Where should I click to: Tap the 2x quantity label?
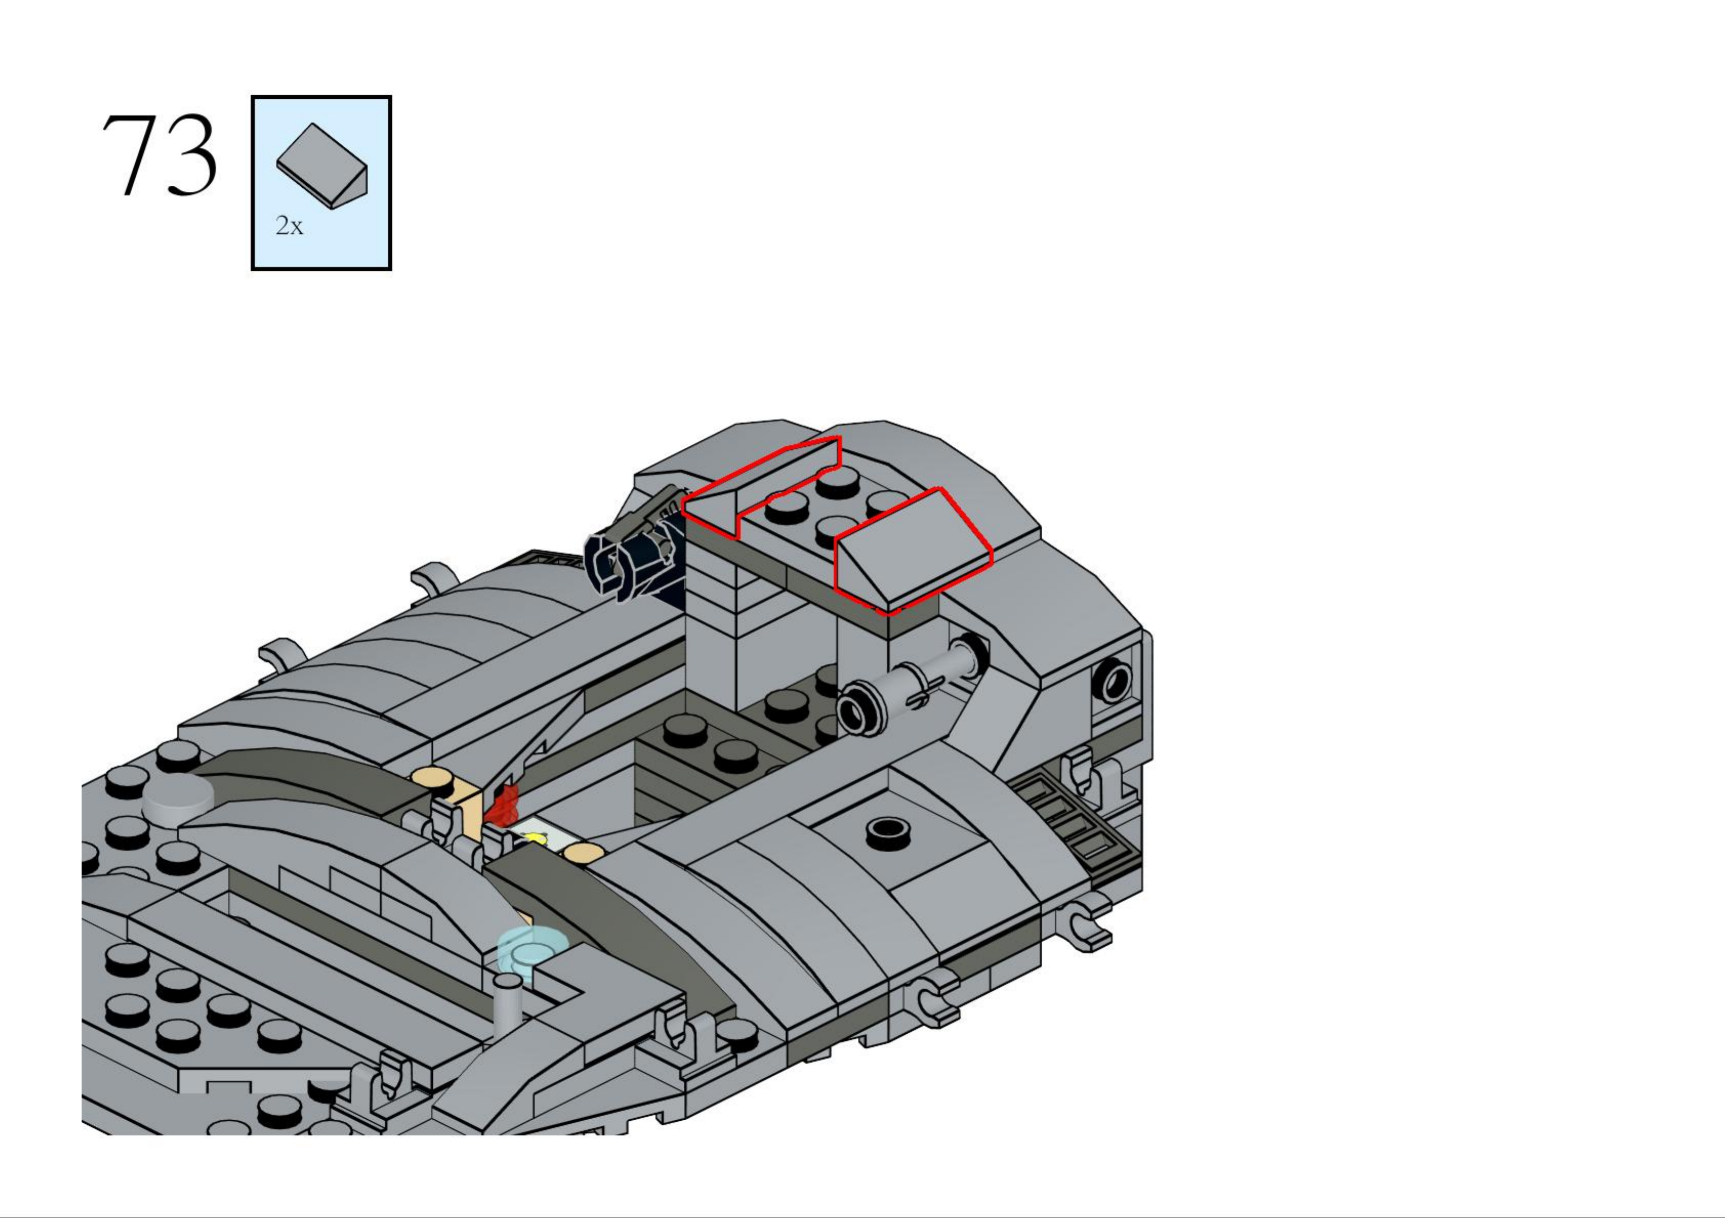289,225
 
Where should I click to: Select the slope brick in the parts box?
322,167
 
